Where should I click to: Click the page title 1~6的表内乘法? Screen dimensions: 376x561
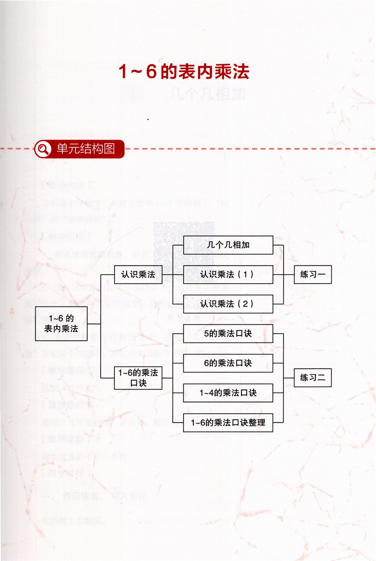(183, 72)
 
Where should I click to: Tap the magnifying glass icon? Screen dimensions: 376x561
(44, 149)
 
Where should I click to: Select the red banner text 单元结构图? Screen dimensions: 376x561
(86, 149)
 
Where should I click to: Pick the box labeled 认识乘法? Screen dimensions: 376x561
(138, 275)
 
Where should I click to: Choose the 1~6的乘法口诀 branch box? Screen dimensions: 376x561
(138, 377)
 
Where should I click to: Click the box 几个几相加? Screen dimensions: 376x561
(228, 245)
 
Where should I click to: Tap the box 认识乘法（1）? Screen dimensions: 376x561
(228, 274)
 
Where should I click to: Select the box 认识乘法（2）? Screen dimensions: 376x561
(228, 304)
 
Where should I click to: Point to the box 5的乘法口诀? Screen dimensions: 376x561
(228, 334)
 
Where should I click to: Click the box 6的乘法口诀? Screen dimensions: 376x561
(228, 363)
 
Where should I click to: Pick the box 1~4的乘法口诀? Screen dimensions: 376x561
(228, 393)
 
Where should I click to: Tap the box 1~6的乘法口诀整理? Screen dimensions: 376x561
(228, 423)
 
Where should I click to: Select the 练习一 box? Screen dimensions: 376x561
(312, 274)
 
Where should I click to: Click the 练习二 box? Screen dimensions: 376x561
(312, 377)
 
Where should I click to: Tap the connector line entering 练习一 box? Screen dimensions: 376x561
(289, 274)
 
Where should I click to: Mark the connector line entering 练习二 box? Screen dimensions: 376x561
(289, 377)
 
